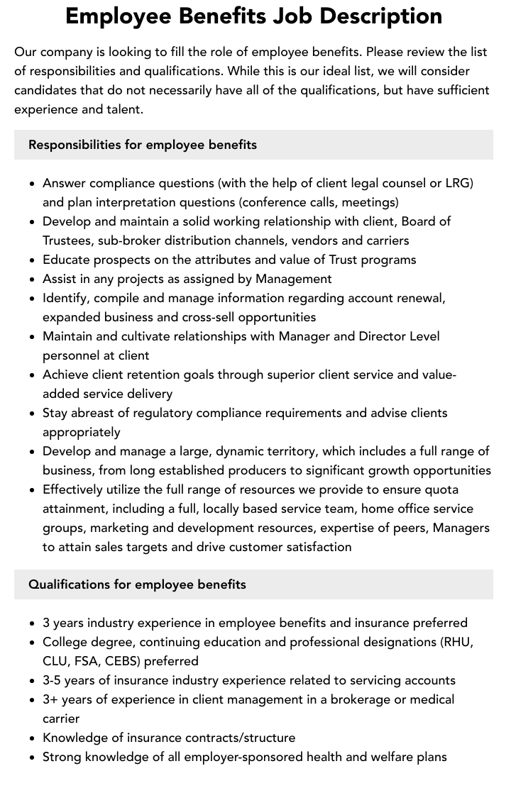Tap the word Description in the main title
coord(384,16)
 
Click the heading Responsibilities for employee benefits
coord(143,145)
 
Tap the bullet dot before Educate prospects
coord(33,260)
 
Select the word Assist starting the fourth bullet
coord(60,279)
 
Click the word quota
coord(441,489)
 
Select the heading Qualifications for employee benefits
coord(137,584)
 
